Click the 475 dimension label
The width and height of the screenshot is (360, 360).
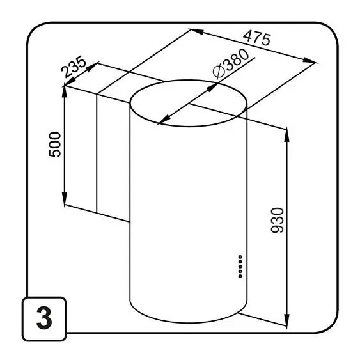pos(257,39)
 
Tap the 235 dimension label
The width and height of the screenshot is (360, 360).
pos(74,67)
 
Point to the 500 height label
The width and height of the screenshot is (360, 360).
pos(55,145)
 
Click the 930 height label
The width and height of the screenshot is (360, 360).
pos(278,221)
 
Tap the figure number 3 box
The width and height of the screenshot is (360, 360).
pos(44,318)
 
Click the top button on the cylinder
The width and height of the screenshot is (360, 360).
pos(240,256)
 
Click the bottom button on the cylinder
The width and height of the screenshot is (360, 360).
pos(240,276)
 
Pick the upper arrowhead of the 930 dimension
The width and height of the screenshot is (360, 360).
pos(286,136)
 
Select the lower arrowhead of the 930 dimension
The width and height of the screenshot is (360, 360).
pos(286,318)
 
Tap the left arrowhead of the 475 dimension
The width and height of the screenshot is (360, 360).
pos(197,31)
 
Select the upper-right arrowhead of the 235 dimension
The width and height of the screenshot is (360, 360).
pos(92,67)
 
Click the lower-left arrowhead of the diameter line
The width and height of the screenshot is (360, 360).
pos(164,120)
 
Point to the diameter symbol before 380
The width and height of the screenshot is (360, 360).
pos(219,71)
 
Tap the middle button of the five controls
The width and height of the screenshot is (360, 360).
pos(240,267)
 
